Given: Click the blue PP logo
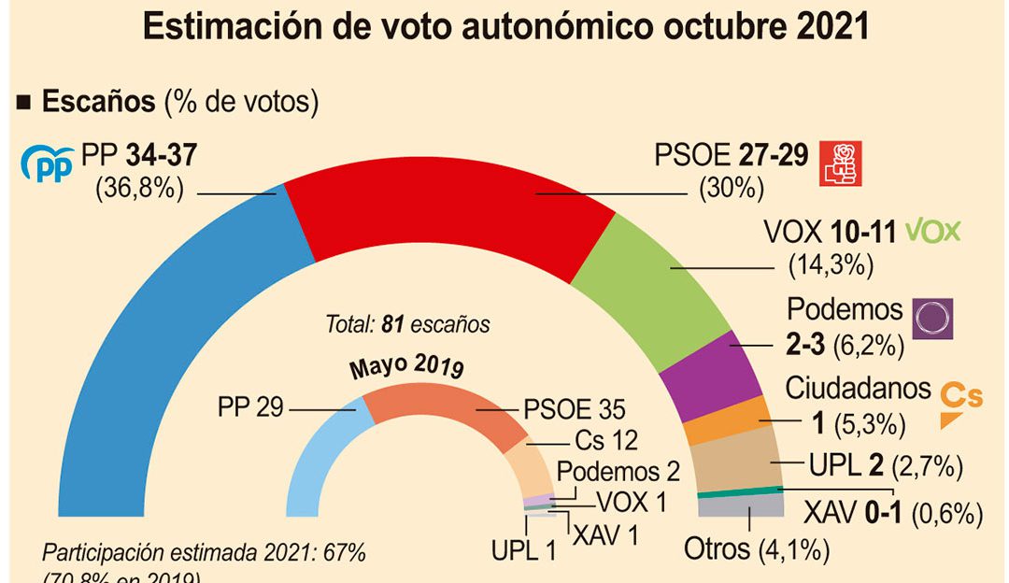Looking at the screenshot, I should pos(47,164).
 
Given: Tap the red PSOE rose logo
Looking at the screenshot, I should pos(838,164).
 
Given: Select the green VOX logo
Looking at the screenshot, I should pos(933,231).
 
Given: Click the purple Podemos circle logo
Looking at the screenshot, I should pos(932,319).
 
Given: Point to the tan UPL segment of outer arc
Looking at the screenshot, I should pos(738,462).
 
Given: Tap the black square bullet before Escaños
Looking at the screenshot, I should pos(25,102).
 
